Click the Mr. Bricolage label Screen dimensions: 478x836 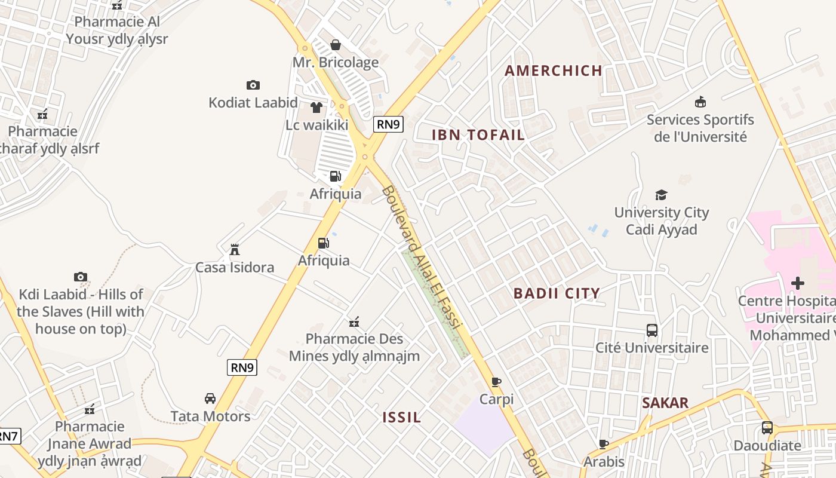click(x=335, y=62)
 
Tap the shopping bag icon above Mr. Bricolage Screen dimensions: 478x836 click(x=336, y=45)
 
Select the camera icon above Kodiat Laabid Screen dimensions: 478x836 click(x=253, y=85)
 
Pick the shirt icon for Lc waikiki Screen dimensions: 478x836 click(x=316, y=108)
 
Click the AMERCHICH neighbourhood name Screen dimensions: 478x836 click(x=554, y=71)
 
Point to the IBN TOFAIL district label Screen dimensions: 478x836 click(x=478, y=135)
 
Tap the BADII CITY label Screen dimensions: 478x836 click(x=557, y=293)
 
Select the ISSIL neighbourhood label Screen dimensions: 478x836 click(x=402, y=417)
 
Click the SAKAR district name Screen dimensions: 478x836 click(x=665, y=403)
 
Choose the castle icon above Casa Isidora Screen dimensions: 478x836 click(x=235, y=249)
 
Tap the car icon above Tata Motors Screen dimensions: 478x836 click(x=210, y=399)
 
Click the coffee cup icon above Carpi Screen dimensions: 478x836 click(x=496, y=382)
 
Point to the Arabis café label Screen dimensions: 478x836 click(x=604, y=462)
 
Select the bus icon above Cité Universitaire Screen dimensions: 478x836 click(x=652, y=330)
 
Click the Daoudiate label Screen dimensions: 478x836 click(x=767, y=446)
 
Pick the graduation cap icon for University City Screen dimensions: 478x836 click(x=661, y=195)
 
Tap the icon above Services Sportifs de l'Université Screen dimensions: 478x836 click(x=700, y=102)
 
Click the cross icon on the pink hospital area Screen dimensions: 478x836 click(x=798, y=283)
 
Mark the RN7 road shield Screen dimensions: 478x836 click(x=8, y=436)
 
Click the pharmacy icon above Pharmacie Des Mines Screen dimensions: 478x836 click(x=354, y=322)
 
